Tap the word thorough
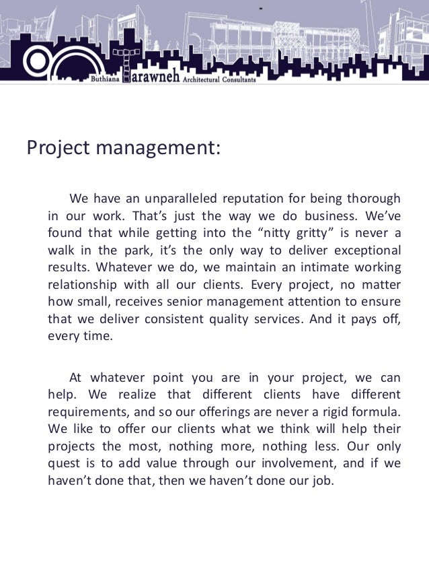click(373, 199)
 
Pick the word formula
click(379, 410)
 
